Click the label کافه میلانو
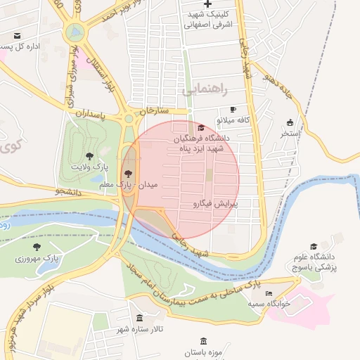254,120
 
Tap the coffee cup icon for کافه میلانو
233,110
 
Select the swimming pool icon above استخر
290,122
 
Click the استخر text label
290,133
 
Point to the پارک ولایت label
89,166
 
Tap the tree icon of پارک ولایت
89,155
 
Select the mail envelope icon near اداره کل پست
17,35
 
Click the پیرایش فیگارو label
216,204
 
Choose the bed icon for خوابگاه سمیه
268,292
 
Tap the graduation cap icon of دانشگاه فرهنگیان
202,128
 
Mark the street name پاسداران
90,112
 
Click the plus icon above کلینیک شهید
207,4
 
